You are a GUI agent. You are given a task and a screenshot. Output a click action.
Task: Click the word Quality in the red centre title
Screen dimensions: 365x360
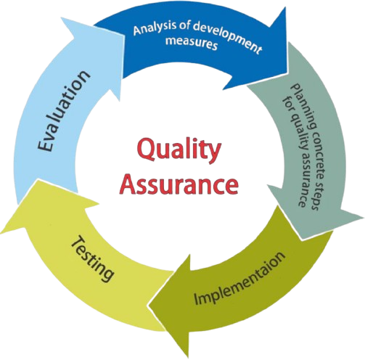pyautogui.click(x=179, y=151)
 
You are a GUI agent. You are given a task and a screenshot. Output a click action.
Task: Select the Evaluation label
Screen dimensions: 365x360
pyautogui.click(x=63, y=111)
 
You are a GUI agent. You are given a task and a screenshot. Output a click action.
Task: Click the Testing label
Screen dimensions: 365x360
pyautogui.click(x=92, y=259)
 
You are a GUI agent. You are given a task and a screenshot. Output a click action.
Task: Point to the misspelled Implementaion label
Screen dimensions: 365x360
pyautogui.click(x=239, y=278)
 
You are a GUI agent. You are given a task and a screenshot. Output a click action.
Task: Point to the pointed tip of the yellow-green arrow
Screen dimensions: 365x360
pyautogui.click(x=1, y=234)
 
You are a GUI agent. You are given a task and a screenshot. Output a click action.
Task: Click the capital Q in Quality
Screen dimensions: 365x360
pyautogui.click(x=147, y=152)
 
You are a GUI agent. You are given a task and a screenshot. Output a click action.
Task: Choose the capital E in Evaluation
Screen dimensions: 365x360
pyautogui.click(x=45, y=146)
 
